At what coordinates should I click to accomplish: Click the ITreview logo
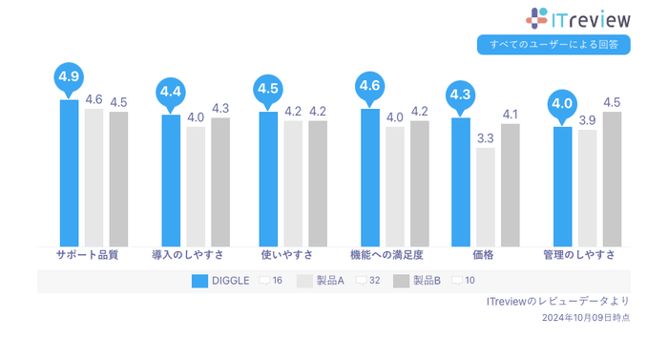(578, 18)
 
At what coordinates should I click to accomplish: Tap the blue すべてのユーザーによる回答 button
(553, 44)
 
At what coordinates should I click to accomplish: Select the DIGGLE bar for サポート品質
(69, 172)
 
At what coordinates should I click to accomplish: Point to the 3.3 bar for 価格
(486, 196)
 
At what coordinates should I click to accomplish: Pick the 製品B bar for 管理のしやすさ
(612, 179)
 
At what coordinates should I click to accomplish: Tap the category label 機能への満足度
(386, 256)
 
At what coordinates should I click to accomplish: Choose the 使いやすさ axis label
(282, 256)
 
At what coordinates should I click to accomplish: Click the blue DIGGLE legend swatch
(200, 281)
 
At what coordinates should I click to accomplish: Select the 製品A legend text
(331, 281)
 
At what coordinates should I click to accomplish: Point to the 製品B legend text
(427, 281)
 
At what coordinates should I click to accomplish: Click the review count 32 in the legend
(375, 281)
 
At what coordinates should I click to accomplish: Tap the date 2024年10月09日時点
(585, 317)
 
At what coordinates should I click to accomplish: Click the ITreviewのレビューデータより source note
(557, 302)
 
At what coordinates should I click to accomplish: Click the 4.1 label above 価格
(511, 115)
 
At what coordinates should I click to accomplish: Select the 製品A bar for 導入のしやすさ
(196, 186)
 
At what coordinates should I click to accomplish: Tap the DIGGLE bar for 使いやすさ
(268, 179)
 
